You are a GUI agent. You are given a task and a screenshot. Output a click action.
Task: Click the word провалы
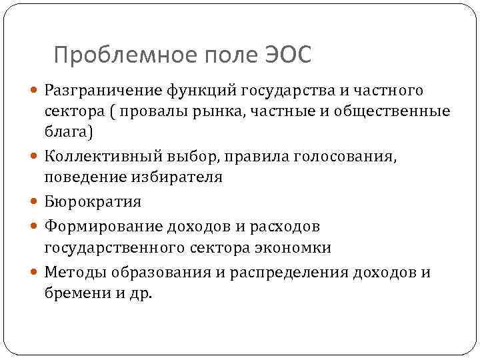pos(141,111)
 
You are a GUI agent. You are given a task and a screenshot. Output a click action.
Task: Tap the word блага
pos(67,132)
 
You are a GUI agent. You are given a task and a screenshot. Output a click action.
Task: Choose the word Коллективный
pos(91,157)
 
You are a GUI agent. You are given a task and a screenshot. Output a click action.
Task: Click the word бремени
pos(70,293)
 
